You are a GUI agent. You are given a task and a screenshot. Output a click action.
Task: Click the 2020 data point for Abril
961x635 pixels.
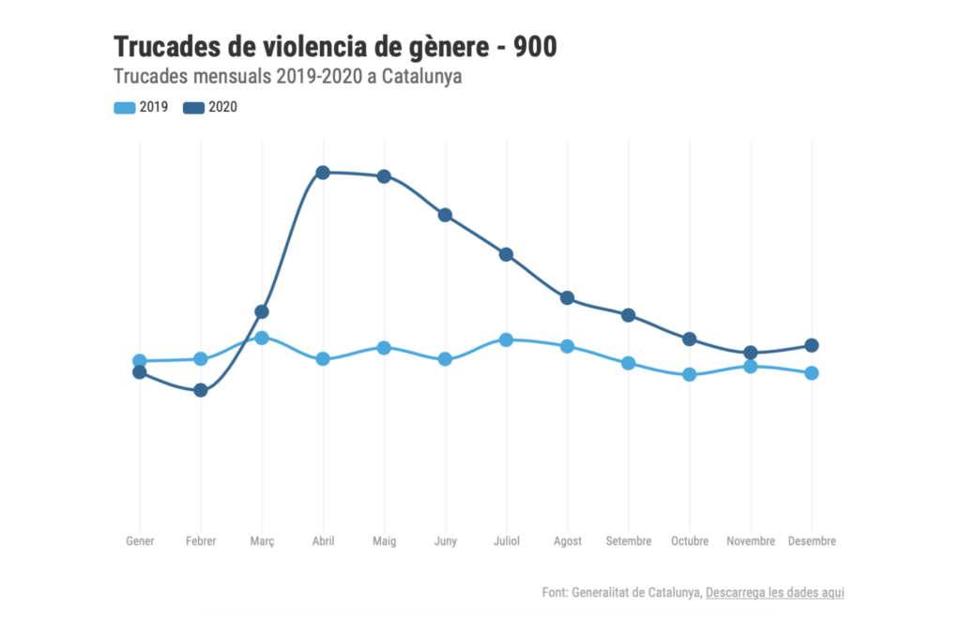pyautogui.click(x=323, y=173)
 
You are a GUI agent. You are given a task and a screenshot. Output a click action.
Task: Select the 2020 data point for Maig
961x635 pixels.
pyautogui.click(x=384, y=176)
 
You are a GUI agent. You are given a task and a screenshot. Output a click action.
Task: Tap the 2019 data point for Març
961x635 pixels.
pyautogui.click(x=262, y=338)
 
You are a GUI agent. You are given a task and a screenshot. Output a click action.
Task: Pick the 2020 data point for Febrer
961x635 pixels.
pyautogui.click(x=201, y=390)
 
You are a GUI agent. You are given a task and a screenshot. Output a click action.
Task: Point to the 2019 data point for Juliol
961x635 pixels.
pyautogui.click(x=506, y=340)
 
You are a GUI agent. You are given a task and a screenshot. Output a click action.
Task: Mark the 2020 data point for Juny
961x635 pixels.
pyautogui.click(x=445, y=215)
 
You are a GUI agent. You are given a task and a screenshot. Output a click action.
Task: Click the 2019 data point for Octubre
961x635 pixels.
pyautogui.click(x=690, y=375)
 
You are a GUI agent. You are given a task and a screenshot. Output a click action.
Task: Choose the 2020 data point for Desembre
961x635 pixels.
pyautogui.click(x=812, y=345)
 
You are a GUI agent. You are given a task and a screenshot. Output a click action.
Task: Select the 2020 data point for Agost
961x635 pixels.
pyautogui.click(x=567, y=298)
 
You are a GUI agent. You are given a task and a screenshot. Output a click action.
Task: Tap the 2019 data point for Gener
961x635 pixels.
pyautogui.click(x=140, y=361)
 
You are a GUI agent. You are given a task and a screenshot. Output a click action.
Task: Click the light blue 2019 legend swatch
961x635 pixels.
pyautogui.click(x=124, y=108)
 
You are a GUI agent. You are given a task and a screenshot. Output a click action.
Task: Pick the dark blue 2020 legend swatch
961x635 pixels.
pyautogui.click(x=194, y=108)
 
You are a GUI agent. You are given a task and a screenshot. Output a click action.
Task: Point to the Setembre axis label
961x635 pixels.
pyautogui.click(x=629, y=542)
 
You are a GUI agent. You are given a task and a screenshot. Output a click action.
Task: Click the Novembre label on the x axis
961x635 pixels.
pyautogui.click(x=751, y=542)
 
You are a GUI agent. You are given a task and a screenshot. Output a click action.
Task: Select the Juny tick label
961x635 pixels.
pyautogui.click(x=445, y=542)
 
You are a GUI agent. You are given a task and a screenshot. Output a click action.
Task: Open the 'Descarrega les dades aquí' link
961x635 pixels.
pyautogui.click(x=774, y=593)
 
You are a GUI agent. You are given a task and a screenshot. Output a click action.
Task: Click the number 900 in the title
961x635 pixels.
pyautogui.click(x=535, y=46)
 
